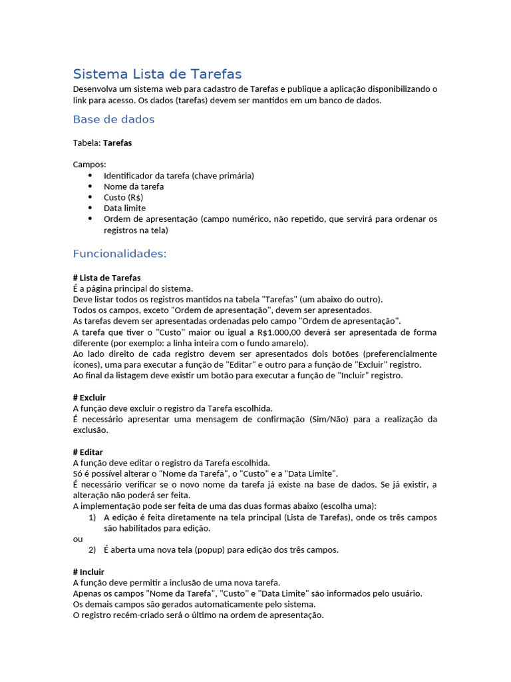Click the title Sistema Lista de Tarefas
click(157, 74)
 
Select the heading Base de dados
click(113, 120)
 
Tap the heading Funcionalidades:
click(120, 254)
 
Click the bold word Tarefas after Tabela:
click(117, 143)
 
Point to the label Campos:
click(89, 165)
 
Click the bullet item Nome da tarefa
click(134, 186)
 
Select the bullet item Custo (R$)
click(123, 198)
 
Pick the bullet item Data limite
click(124, 208)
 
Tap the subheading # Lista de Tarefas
click(106, 278)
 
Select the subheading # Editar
click(88, 452)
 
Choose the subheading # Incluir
click(88, 572)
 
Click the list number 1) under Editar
click(92, 517)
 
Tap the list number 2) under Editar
click(92, 550)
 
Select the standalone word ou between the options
click(77, 539)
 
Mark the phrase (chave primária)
click(224, 176)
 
